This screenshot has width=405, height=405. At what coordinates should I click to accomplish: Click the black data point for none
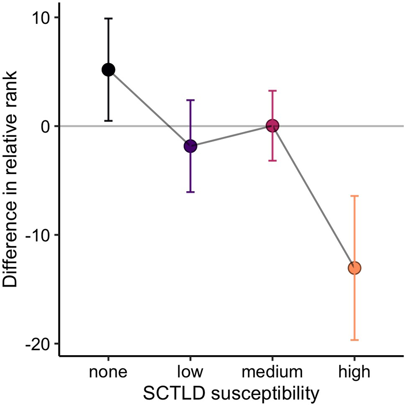click(x=108, y=69)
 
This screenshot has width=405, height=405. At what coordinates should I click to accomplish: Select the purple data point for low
click(x=190, y=146)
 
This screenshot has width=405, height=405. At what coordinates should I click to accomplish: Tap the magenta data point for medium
click(x=272, y=126)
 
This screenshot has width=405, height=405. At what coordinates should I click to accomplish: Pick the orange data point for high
click(x=355, y=268)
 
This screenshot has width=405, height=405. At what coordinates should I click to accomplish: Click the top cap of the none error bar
click(x=108, y=18)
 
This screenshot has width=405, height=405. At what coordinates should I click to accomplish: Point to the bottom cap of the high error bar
click(x=355, y=340)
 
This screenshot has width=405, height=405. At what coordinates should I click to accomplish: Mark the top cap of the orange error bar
click(x=355, y=196)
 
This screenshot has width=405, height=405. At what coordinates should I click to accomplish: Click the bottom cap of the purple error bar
click(x=190, y=192)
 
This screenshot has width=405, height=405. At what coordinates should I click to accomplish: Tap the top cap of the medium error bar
click(x=272, y=91)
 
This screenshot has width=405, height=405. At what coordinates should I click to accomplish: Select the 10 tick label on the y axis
click(x=43, y=17)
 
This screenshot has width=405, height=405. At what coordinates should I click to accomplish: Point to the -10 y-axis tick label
click(x=40, y=235)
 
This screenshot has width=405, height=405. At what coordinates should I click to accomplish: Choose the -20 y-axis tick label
click(x=40, y=344)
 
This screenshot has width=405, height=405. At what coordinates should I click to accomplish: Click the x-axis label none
click(x=108, y=372)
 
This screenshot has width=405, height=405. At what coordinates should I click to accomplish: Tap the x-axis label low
click(x=190, y=372)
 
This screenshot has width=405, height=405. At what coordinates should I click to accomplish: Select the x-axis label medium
click(x=272, y=372)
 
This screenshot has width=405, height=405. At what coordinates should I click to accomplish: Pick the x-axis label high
click(x=355, y=372)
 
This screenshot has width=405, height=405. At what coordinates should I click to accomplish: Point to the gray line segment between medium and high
click(x=314, y=197)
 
